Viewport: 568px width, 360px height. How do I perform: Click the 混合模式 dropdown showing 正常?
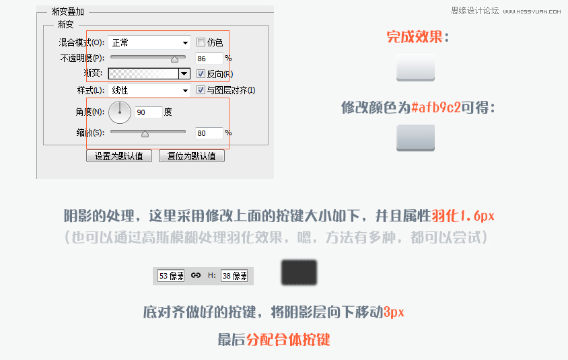[x=149, y=43]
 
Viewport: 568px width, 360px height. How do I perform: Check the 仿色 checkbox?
[x=201, y=42]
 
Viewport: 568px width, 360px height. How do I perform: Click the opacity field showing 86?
[x=209, y=59]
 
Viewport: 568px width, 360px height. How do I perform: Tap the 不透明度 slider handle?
[x=174, y=59]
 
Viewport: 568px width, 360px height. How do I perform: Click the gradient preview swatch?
[x=144, y=73]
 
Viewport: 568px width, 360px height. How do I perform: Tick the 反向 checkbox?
[x=201, y=73]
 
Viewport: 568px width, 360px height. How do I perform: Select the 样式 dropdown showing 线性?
[x=149, y=90]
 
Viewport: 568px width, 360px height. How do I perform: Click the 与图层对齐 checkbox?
[x=201, y=89]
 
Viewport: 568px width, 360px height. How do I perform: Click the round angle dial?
[x=120, y=112]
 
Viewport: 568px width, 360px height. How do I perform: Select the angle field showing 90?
[x=149, y=112]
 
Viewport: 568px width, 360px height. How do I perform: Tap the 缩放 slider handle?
[x=145, y=134]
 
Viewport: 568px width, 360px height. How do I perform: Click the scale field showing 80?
[x=209, y=133]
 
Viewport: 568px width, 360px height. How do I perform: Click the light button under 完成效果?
[x=415, y=68]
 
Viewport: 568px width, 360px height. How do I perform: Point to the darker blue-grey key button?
[x=415, y=138]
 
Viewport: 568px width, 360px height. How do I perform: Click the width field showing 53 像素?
[x=171, y=276]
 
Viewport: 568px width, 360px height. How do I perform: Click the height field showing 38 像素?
[x=234, y=276]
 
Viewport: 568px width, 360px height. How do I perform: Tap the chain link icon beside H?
[x=196, y=275]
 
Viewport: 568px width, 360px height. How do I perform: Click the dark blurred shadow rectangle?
[x=299, y=273]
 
